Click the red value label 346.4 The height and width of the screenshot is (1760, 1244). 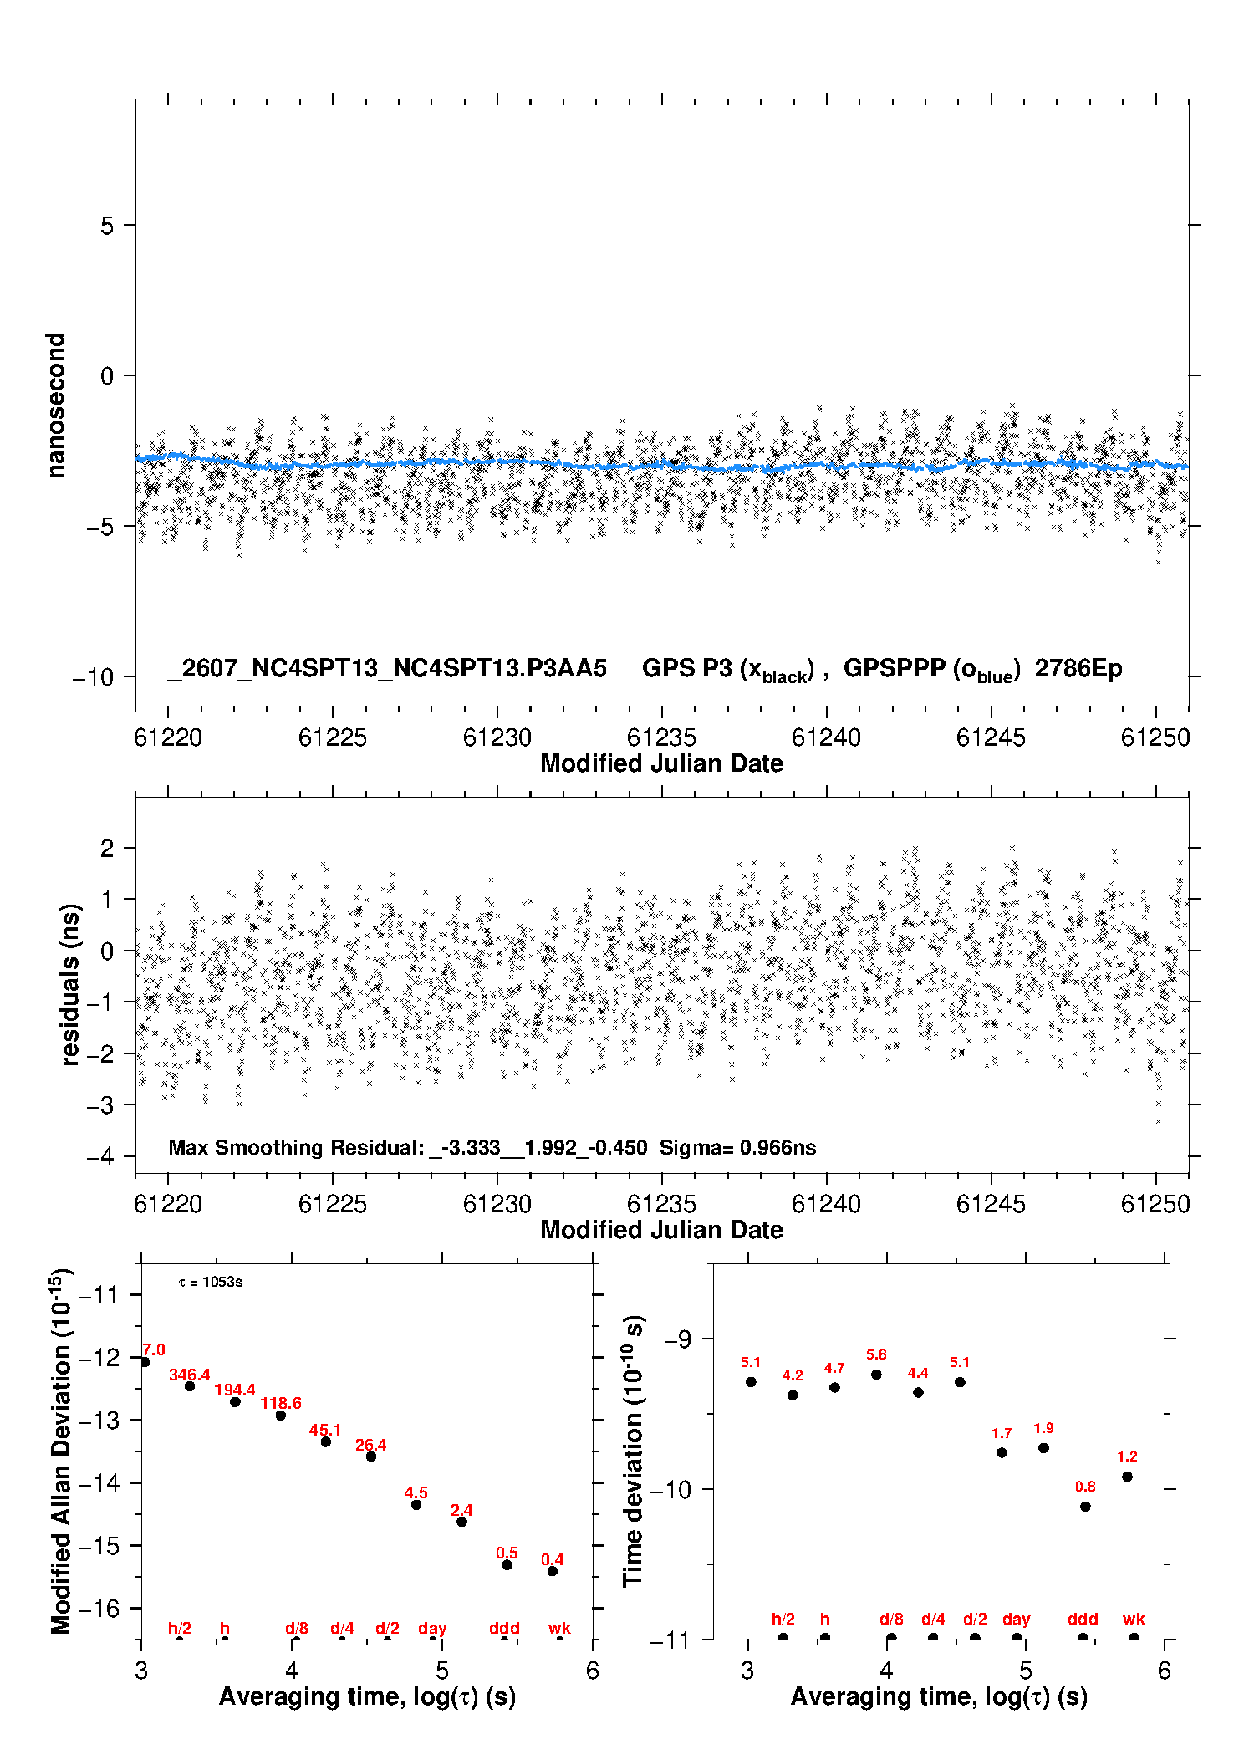190,1375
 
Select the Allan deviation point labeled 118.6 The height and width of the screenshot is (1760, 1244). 281,1416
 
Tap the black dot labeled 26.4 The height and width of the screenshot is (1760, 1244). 371,1456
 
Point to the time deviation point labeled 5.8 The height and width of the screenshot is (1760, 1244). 876,1375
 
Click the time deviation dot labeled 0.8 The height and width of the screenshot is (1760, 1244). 1085,1507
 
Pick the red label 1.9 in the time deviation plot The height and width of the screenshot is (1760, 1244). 1043,1428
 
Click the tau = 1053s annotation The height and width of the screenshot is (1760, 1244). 211,1282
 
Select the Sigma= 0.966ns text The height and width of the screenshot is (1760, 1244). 737,1147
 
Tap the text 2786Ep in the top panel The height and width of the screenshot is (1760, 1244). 1078,669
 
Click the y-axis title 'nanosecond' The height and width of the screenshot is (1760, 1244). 55,406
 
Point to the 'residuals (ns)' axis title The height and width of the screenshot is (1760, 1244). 70,984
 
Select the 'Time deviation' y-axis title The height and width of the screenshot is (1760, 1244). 633,1451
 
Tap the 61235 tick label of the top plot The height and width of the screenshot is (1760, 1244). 661,737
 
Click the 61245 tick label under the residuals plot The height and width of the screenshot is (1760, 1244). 991,1204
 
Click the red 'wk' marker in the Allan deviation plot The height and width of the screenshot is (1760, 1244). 559,1628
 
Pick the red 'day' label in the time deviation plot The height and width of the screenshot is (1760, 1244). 1017,1620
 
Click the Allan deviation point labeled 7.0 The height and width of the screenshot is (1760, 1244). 145,1362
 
